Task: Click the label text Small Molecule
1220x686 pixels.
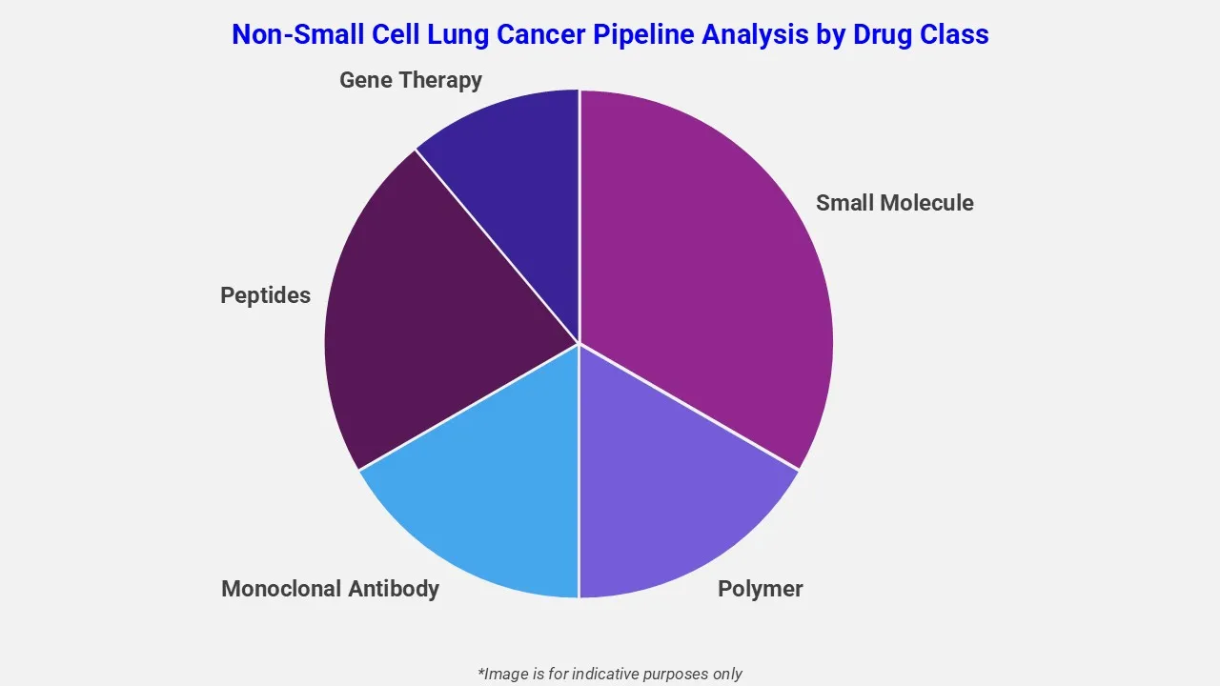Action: coord(894,203)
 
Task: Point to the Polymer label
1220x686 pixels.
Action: coord(760,589)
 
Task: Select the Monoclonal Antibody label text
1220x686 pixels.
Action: coord(330,589)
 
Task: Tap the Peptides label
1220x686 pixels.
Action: coord(265,295)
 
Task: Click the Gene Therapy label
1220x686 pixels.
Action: coord(410,80)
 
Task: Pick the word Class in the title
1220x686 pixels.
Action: coord(955,34)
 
